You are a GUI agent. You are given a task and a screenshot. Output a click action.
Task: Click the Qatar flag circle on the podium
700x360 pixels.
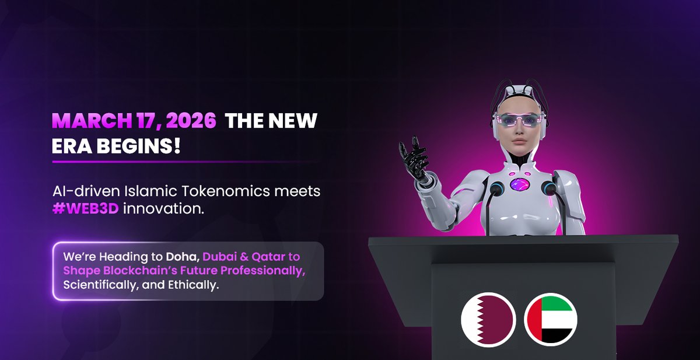(488, 320)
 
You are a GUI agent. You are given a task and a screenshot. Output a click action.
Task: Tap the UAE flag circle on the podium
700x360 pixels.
(551, 320)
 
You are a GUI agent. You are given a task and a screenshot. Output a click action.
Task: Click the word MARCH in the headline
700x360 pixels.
(88, 121)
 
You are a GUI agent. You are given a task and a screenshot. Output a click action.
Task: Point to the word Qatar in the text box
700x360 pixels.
(269, 257)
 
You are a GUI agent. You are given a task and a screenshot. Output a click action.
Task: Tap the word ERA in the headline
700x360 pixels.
(72, 145)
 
